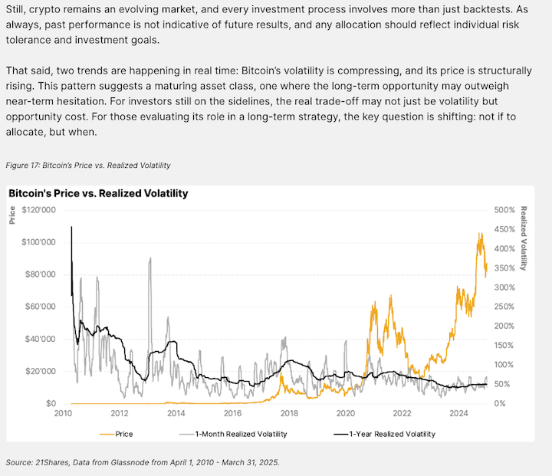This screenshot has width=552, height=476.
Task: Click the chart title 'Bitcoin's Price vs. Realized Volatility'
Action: point(98,194)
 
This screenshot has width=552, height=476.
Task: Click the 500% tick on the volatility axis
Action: point(504,209)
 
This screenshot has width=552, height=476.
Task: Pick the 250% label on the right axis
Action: point(504,307)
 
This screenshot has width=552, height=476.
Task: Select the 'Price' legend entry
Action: point(123,434)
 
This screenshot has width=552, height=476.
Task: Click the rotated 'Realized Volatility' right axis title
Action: point(524,238)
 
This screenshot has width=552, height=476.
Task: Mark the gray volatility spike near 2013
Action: point(149,258)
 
